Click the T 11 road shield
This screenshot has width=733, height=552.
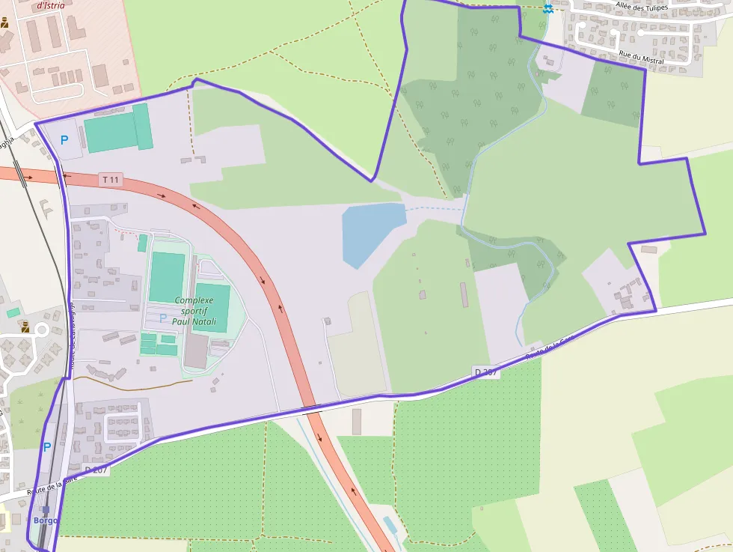[111, 180]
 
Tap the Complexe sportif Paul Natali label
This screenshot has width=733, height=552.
[193, 310]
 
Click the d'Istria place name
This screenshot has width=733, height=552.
[50, 5]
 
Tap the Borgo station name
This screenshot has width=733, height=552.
[45, 520]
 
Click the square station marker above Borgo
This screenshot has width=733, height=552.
[46, 510]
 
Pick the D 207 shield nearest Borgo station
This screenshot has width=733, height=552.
[96, 470]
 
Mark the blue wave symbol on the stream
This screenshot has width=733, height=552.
[548, 8]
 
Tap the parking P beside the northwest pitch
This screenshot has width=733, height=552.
[64, 140]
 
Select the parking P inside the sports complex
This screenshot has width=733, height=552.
[163, 318]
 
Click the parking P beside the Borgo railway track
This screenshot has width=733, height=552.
[46, 447]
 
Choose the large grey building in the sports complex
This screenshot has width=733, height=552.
[196, 351]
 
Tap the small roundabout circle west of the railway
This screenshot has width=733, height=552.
[42, 330]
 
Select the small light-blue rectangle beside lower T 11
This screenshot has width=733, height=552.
[390, 524]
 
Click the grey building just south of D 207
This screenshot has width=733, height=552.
[357, 422]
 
